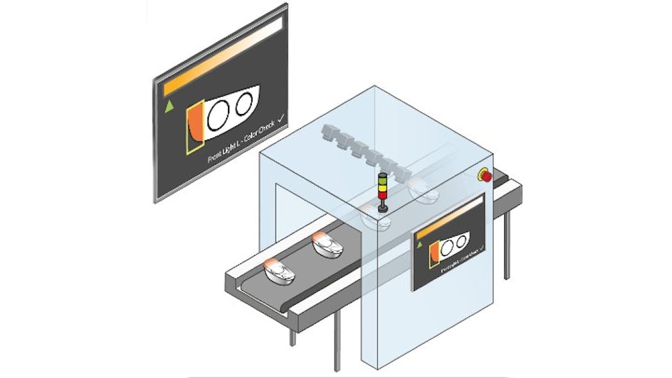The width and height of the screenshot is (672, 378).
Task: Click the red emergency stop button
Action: coord(486,175)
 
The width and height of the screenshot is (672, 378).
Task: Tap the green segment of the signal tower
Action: coord(383,190)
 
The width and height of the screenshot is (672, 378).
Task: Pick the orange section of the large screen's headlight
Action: coord(195,122)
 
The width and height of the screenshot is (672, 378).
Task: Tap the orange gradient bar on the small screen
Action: coord(448,222)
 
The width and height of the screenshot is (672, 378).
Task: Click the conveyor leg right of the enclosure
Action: coord(507,243)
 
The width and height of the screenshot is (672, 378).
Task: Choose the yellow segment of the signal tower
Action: coord(383,183)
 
